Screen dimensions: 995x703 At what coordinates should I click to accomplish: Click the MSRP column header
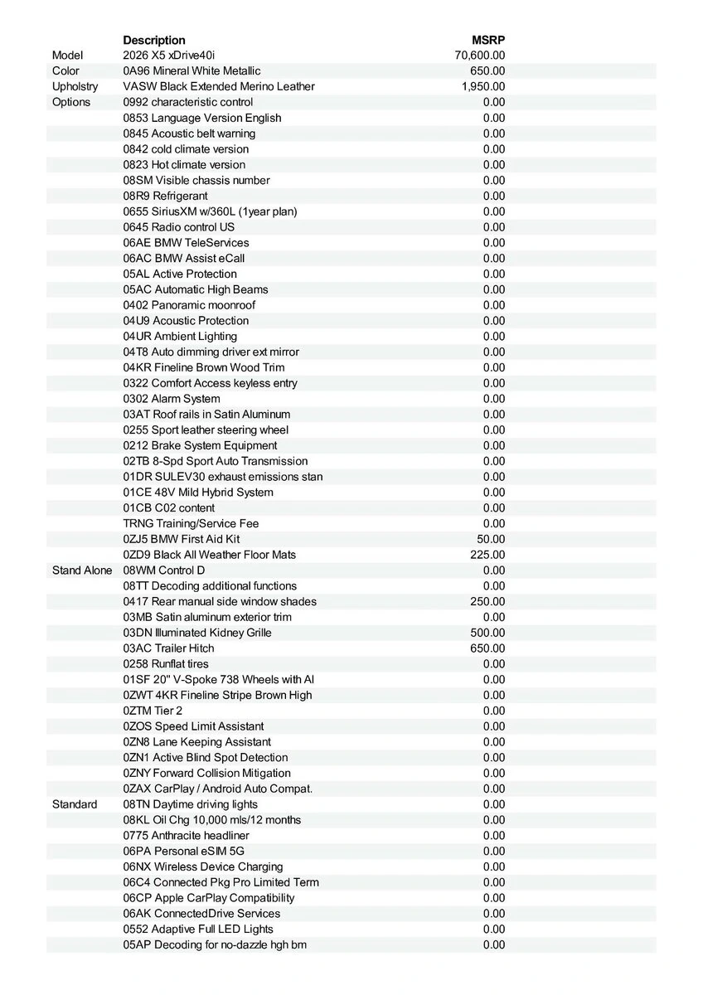(488, 40)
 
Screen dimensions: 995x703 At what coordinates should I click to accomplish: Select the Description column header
(154, 40)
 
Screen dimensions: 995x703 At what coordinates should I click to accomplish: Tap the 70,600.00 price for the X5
(480, 56)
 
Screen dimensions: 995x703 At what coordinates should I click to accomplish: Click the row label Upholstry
(75, 86)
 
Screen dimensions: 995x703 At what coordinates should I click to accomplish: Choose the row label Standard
(75, 804)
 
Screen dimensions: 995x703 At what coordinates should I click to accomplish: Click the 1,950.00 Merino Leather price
(483, 86)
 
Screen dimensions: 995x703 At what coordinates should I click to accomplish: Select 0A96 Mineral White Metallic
(192, 71)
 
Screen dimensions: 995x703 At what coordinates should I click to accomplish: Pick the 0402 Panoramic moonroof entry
(189, 305)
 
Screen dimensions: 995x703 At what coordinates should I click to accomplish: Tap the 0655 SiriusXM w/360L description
(210, 211)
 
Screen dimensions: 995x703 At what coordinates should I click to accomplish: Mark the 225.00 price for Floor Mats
(487, 555)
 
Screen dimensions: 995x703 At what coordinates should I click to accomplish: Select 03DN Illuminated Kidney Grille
(197, 633)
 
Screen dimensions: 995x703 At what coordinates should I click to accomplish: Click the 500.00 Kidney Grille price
(487, 633)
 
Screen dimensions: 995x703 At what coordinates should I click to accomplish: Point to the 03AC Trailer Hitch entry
(168, 648)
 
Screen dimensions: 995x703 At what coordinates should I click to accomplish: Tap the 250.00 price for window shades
(487, 601)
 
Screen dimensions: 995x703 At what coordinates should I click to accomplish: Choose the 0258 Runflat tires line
(166, 664)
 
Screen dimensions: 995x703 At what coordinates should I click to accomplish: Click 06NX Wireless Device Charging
(203, 866)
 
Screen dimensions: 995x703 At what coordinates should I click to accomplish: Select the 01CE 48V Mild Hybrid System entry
(198, 493)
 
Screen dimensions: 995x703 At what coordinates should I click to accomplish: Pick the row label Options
(71, 102)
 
